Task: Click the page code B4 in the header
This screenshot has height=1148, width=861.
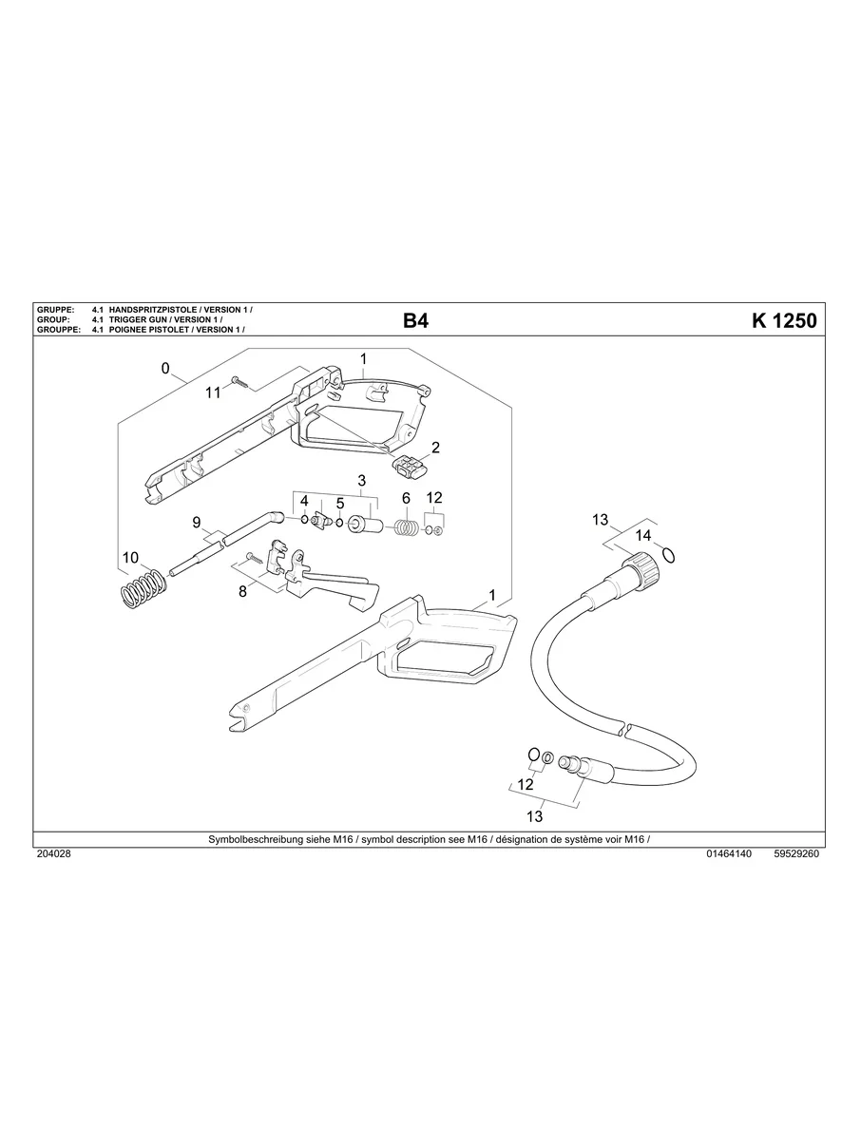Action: point(415,321)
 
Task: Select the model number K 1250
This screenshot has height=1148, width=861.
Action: point(784,321)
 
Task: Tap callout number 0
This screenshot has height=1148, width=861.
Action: point(165,369)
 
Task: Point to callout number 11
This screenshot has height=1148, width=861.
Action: point(213,392)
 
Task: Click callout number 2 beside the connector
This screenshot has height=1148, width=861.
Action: point(435,448)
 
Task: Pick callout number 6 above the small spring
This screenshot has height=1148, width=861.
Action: point(406,498)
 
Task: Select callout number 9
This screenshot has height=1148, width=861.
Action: point(197,522)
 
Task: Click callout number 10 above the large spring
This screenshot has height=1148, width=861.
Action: point(130,557)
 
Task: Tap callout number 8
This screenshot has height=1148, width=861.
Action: point(242,591)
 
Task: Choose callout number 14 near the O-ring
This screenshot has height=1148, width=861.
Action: point(643,536)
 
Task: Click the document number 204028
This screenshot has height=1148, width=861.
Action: point(52,854)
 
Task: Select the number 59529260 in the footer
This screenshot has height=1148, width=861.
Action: point(796,854)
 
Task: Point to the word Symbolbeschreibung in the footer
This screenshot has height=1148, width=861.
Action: point(257,840)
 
